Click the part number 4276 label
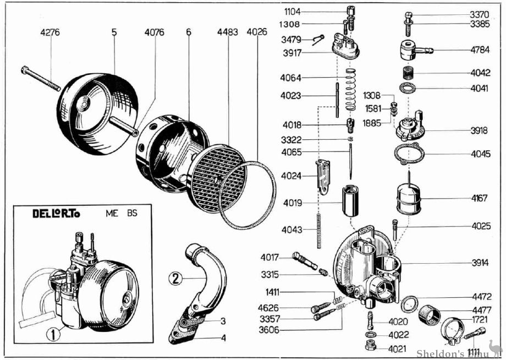tap(50, 32)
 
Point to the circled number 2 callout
tap(175, 278)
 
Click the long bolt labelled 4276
tap(41, 79)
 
